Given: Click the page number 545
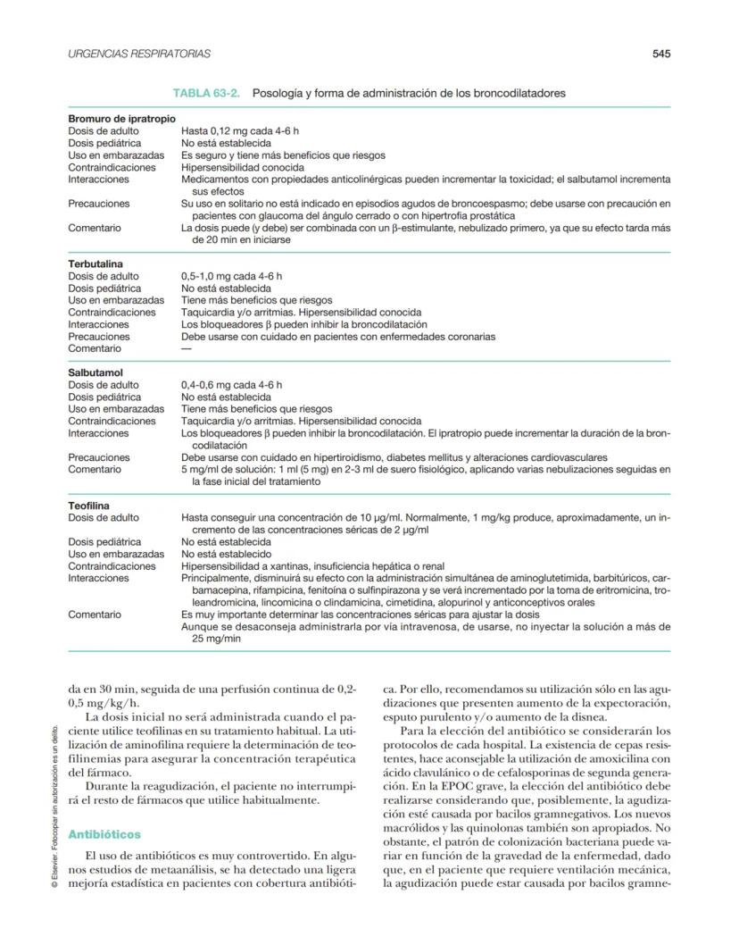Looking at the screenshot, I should point(660,54).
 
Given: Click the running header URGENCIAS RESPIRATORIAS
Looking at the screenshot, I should point(139,54).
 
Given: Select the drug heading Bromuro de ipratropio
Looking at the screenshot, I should point(121,119).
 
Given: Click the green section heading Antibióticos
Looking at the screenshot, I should point(106,834).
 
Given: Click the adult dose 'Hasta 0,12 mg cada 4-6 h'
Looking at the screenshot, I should point(239,130).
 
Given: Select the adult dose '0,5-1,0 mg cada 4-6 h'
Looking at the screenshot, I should point(231,277).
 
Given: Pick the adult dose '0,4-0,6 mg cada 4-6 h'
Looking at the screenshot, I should point(231,385).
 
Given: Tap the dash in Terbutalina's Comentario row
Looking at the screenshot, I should point(187,348).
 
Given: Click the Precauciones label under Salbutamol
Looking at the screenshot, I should point(98,456).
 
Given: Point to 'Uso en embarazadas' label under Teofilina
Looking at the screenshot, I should point(116,554).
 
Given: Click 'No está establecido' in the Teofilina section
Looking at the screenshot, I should point(226,554).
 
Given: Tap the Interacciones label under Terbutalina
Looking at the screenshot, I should point(98,325).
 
